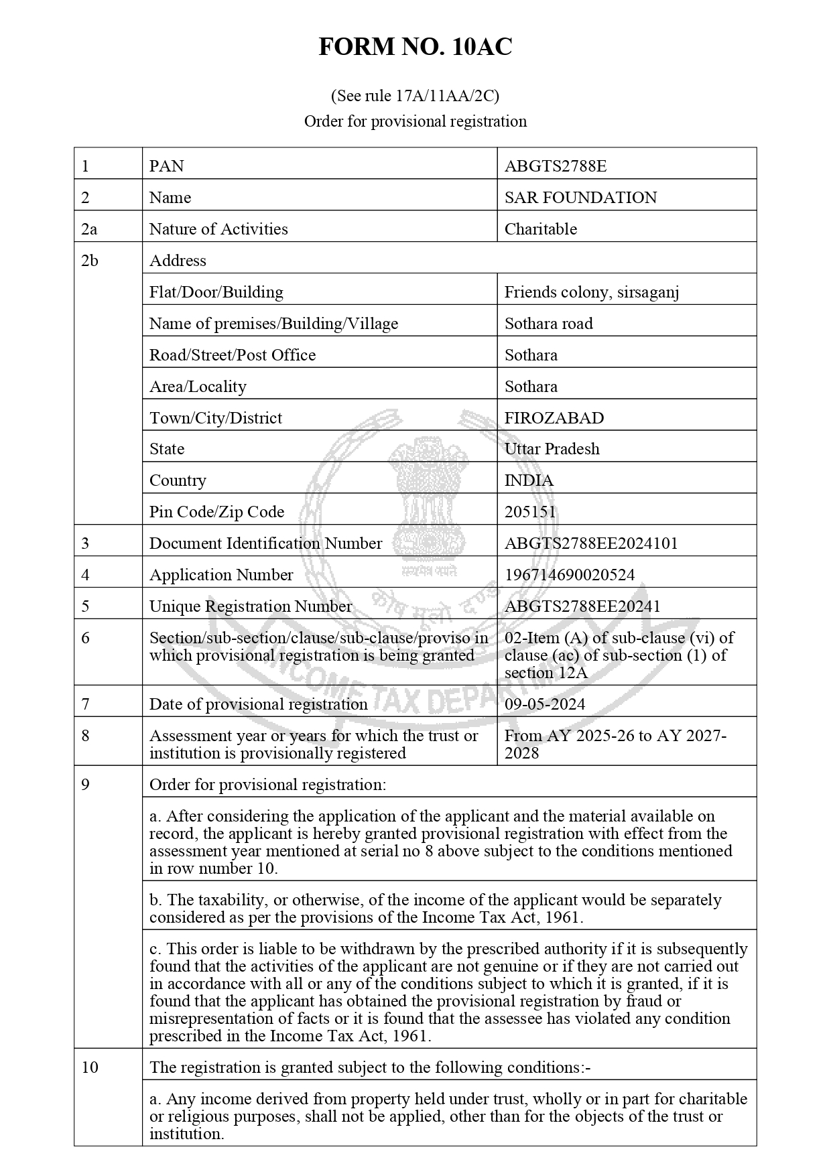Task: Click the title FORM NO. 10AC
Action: (x=415, y=47)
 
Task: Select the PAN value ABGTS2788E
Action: (x=555, y=166)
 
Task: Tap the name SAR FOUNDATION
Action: (x=580, y=198)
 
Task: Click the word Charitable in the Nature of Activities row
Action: (x=540, y=229)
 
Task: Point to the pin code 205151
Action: (x=530, y=512)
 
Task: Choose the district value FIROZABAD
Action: (x=554, y=418)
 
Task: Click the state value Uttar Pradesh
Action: (x=552, y=449)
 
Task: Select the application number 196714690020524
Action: (x=569, y=575)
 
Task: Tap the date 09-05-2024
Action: (x=544, y=704)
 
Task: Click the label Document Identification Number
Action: (x=265, y=543)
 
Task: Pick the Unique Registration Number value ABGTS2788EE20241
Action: (x=582, y=606)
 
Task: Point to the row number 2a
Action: (x=89, y=229)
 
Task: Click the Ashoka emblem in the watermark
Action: (x=428, y=496)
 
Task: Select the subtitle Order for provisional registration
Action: (x=415, y=121)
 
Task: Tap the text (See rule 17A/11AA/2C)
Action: (x=415, y=96)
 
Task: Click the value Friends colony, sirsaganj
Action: (x=591, y=292)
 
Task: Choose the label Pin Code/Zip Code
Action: (x=216, y=512)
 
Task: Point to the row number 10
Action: (x=90, y=1067)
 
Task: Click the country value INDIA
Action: (x=529, y=480)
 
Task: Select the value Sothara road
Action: (x=548, y=324)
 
